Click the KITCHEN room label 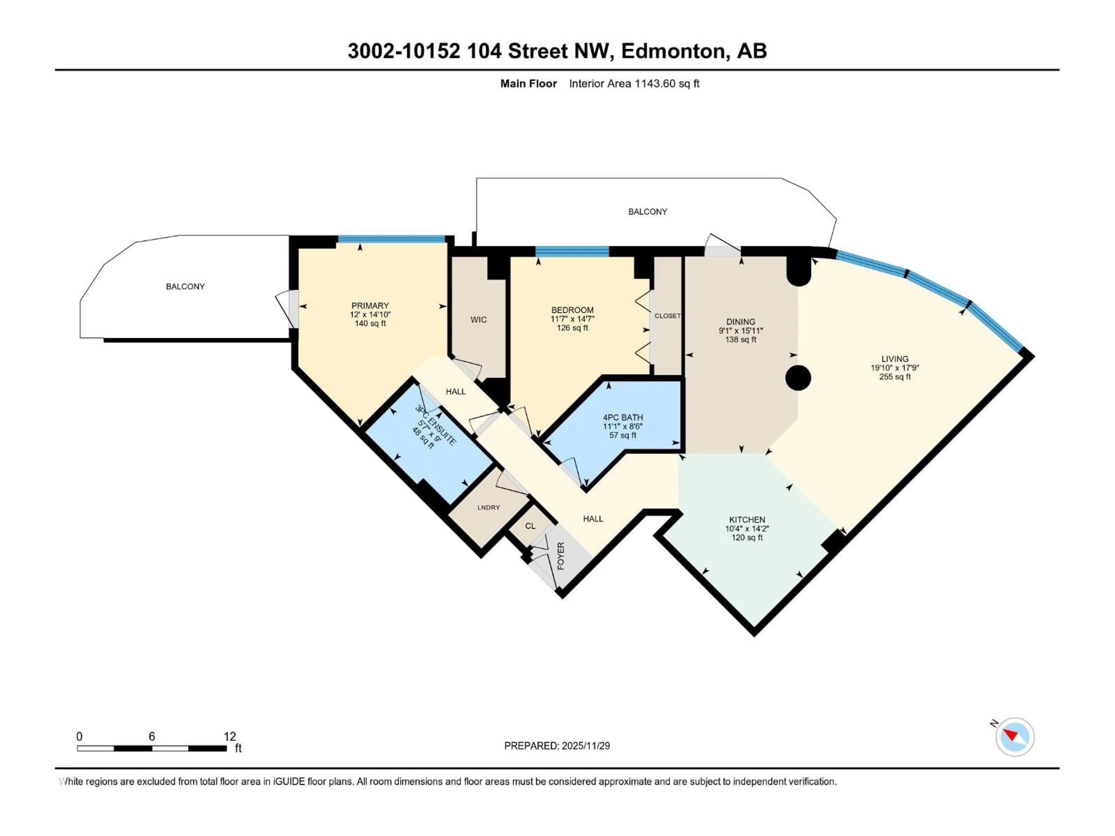point(747,520)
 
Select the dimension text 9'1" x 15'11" point(740,331)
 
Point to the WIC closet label point(478,320)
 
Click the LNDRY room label point(488,507)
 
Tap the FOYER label point(560,556)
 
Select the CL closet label point(530,526)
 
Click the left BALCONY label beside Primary point(185,286)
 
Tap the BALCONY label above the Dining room point(647,212)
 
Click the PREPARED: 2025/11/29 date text point(557,746)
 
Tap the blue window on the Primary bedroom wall point(392,239)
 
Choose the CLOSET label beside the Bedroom point(667,316)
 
